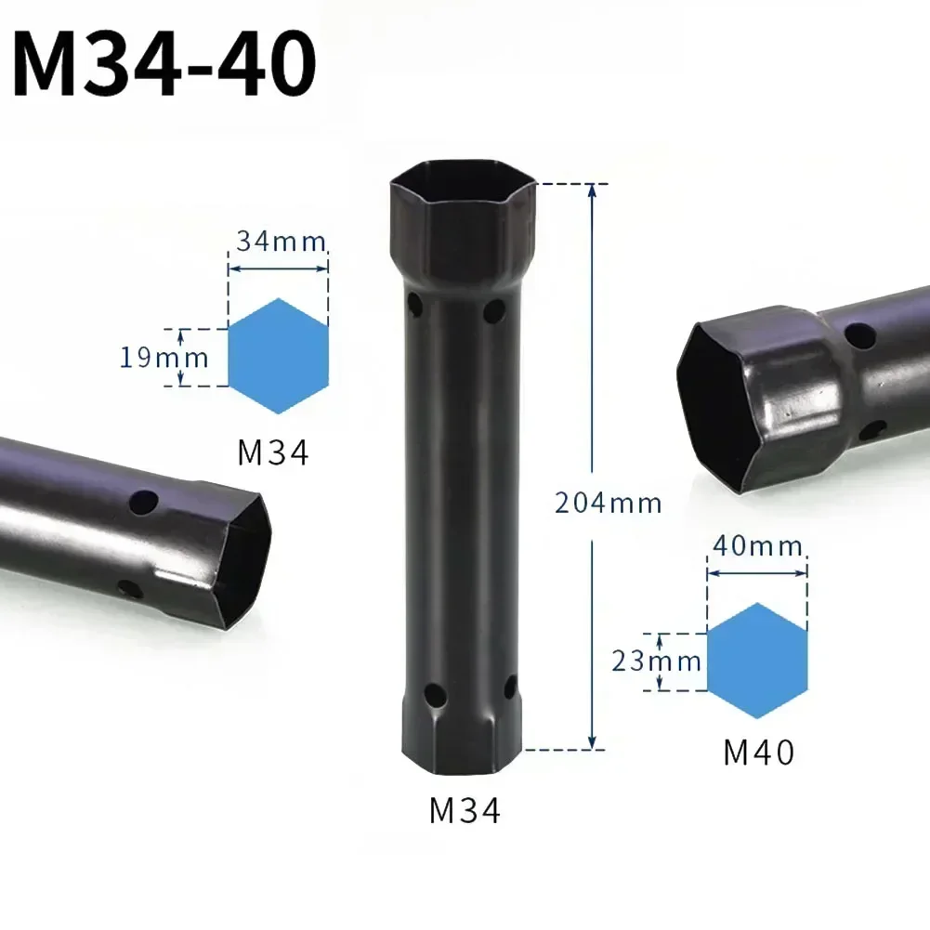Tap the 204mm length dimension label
(608, 504)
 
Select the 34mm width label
(280, 242)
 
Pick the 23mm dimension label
(656, 661)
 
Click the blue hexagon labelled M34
(278, 356)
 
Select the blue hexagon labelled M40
(757, 661)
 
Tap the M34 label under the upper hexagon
(272, 453)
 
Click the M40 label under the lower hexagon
(759, 752)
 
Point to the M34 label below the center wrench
(465, 811)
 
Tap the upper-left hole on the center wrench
(414, 304)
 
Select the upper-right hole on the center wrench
(494, 309)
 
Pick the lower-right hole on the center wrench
(509, 688)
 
